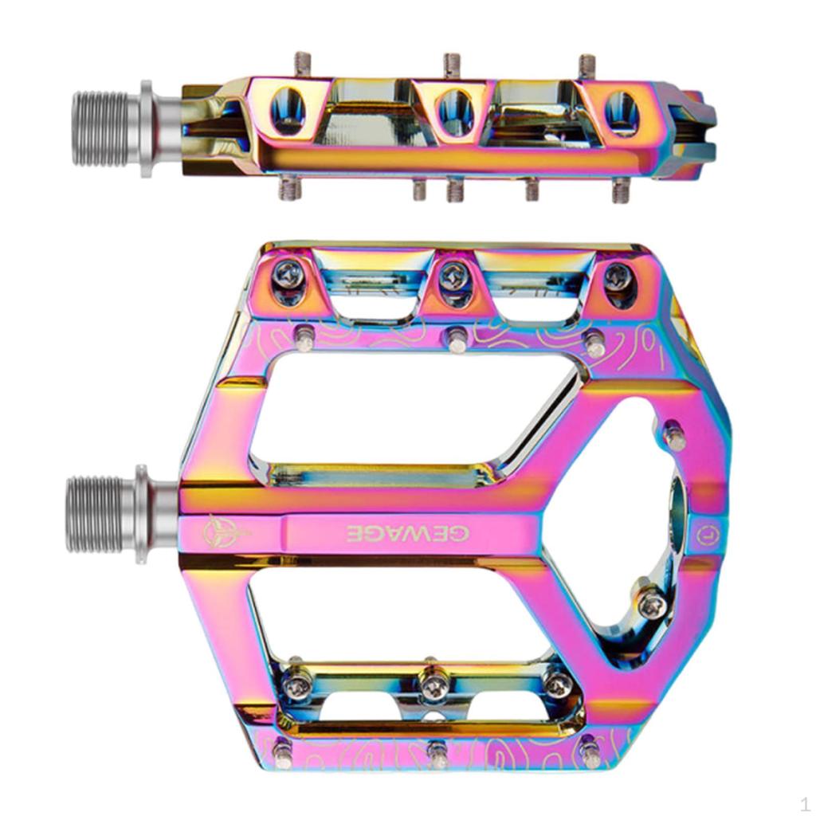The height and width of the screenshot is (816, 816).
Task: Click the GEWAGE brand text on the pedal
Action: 406,533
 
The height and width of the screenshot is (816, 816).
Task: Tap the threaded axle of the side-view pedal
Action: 99,128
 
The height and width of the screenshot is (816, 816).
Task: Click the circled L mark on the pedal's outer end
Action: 704,535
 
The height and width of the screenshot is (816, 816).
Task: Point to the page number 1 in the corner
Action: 805,802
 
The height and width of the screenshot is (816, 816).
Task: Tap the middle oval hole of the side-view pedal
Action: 455,111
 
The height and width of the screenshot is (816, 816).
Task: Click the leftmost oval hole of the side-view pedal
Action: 287,111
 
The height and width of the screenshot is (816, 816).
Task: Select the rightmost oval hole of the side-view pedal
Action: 622,112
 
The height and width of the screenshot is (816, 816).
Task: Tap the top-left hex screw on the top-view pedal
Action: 288,276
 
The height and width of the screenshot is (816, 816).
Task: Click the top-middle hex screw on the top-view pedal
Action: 453,275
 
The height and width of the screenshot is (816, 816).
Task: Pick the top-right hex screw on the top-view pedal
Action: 618,277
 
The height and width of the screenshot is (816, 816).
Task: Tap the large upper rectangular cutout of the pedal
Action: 414,406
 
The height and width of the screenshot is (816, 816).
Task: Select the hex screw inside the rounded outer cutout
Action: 652,605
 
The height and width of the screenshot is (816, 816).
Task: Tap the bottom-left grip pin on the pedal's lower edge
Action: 282,750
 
